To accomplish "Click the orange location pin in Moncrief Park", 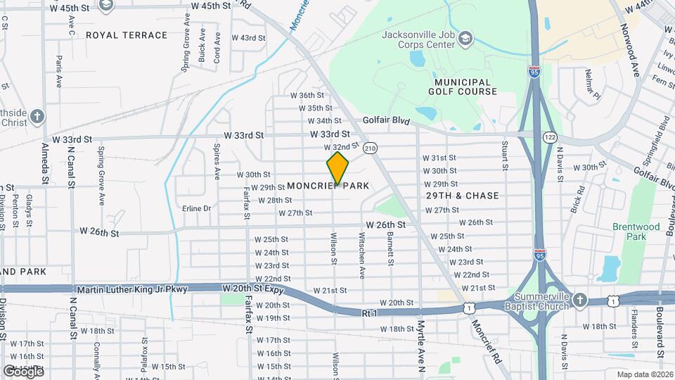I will click(x=337, y=167).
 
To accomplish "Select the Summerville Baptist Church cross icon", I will click(x=579, y=301).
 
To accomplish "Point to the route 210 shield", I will click(x=371, y=148).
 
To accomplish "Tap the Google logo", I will click(x=23, y=371).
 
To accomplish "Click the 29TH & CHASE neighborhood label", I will click(x=463, y=196).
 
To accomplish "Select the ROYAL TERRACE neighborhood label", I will click(x=127, y=35).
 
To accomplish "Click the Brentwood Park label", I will click(x=636, y=232).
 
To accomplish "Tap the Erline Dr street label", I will click(x=196, y=208).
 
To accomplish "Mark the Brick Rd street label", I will click(x=578, y=199).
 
